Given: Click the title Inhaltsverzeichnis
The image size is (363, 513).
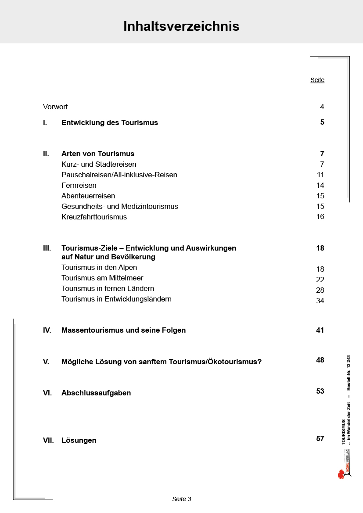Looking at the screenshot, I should point(181,26).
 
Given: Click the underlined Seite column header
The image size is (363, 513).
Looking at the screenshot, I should point(317,80).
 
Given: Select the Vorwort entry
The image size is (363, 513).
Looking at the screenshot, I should point(55,107).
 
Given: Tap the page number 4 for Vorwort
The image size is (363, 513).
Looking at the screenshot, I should point(322,107).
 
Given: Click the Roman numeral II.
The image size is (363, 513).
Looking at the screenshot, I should point(46,154).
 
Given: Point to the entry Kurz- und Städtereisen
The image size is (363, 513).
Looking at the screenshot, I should point(99,164).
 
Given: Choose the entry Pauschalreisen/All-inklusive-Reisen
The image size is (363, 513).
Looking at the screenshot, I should point(119,175).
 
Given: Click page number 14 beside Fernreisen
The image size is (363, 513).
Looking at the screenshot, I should point(320,185).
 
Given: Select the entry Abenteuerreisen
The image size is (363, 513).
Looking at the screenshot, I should point(88,196).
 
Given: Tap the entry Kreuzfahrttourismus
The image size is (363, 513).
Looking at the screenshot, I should point(94,217).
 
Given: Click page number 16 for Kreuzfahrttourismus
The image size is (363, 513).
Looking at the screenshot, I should point(320,216).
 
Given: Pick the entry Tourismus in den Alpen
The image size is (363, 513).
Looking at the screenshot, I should point(99,267).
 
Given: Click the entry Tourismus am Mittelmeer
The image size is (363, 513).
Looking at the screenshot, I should point(102,278).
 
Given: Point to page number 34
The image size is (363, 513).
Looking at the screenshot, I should point(320,301).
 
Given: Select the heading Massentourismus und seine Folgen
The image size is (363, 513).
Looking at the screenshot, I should point(123,330).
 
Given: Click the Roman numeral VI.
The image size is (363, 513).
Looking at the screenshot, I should point(47,393).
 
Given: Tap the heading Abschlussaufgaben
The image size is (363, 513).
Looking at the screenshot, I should point(96,393).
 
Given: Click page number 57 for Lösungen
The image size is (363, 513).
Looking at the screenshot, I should point(320,438).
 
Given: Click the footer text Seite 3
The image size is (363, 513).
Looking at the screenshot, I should point(181,499).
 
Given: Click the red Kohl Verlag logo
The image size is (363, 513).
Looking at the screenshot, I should point(341,474).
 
